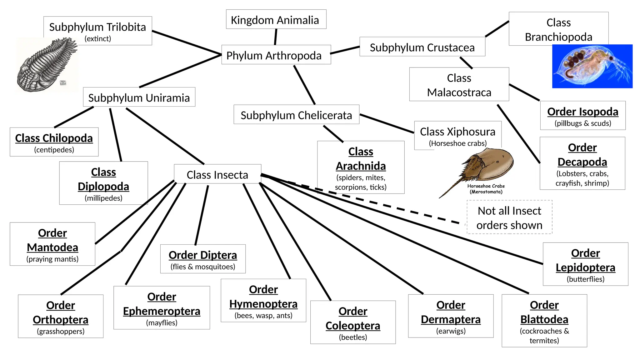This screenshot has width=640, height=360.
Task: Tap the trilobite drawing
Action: pyautogui.click(x=47, y=65)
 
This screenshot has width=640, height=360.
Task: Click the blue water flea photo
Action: pyautogui.click(x=592, y=66)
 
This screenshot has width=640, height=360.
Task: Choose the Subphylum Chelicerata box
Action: pyautogui.click(x=296, y=115)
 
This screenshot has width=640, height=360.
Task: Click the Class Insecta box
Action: pyautogui.click(x=217, y=174)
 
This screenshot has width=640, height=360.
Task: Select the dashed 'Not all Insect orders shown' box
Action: pyautogui.click(x=509, y=217)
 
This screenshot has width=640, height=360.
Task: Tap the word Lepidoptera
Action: pyautogui.click(x=585, y=267)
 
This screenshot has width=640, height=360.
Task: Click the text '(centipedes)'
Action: pyautogui.click(x=54, y=150)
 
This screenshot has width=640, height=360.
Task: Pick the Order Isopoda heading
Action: pyautogui.click(x=583, y=112)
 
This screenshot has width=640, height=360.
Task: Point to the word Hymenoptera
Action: pyautogui.click(x=263, y=304)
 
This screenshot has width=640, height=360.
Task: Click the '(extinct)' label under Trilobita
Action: pyautogui.click(x=98, y=38)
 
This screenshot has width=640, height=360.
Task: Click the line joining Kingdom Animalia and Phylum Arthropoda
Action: pyautogui.click(x=276, y=37)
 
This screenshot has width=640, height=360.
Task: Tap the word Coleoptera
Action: pyautogui.click(x=353, y=326)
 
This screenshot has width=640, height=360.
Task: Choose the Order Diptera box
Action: pyautogui.click(x=203, y=259)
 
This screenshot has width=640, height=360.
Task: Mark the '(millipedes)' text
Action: pyautogui.click(x=103, y=198)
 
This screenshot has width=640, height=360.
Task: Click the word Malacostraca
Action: pyautogui.click(x=459, y=92)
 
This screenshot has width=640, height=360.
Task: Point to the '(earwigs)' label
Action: pyautogui.click(x=451, y=331)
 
